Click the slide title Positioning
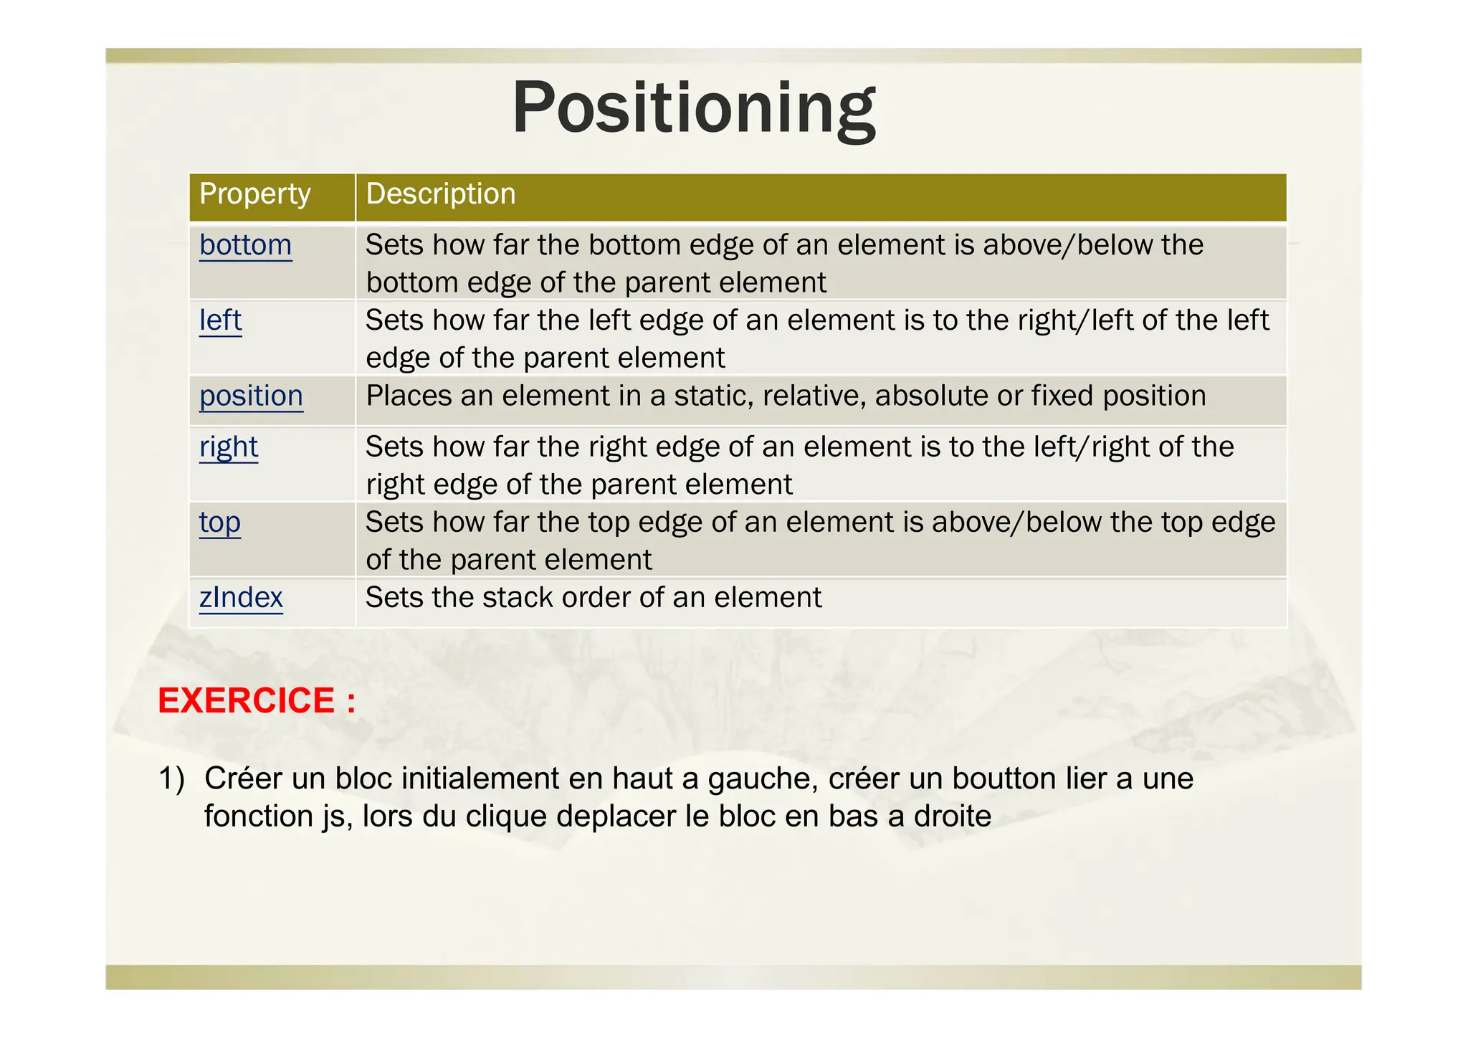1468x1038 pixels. [694, 109]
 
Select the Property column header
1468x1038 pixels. [255, 194]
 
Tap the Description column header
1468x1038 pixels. [440, 194]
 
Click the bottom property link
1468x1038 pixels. [245, 245]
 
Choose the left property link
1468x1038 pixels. [220, 320]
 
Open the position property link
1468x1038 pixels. [251, 396]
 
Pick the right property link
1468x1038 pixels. [229, 447]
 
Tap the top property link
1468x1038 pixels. [219, 523]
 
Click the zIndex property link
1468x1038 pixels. [241, 598]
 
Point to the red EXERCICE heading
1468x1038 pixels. [257, 700]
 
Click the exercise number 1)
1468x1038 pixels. [171, 778]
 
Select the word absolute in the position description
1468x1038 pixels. [924, 396]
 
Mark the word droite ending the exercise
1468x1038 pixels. [952, 816]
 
